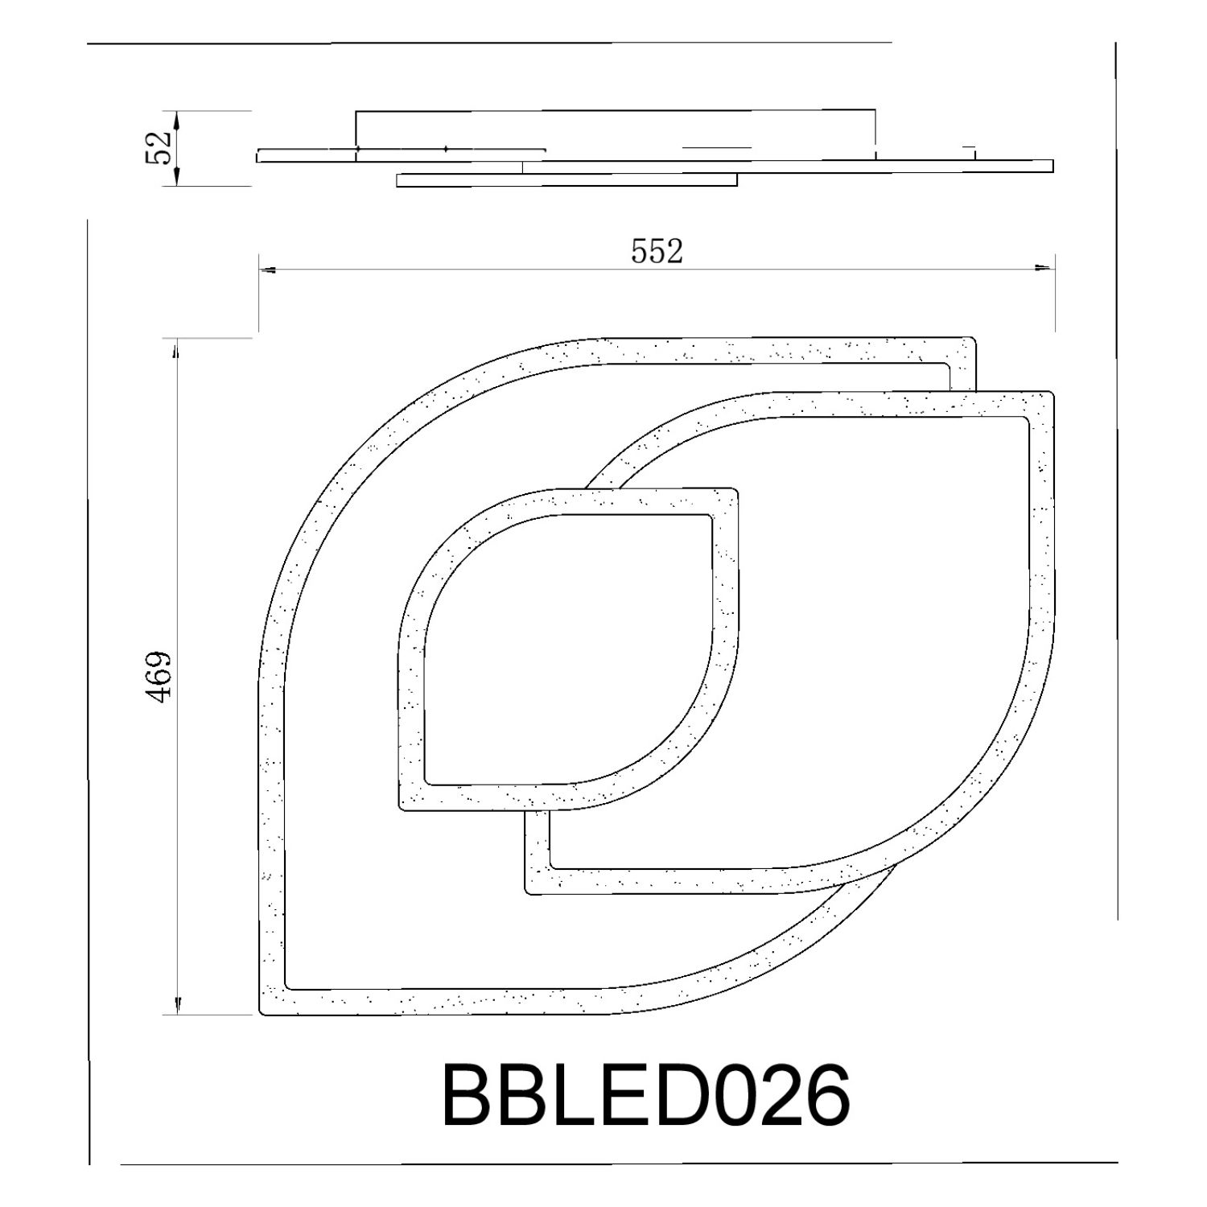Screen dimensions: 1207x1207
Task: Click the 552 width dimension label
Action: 657,252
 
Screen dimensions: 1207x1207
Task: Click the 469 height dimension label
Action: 159,677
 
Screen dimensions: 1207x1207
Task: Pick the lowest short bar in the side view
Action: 566,180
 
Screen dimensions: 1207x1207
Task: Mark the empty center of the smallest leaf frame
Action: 563,644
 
